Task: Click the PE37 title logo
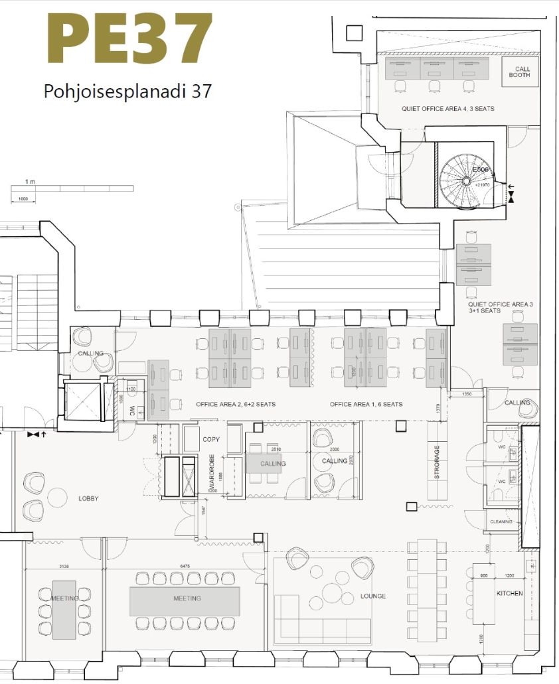(129, 40)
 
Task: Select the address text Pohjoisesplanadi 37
(127, 91)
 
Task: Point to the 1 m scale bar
(72, 189)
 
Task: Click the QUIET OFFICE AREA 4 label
(447, 108)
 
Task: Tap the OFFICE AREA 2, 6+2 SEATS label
(236, 404)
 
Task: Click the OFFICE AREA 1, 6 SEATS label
(366, 404)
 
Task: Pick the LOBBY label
(88, 498)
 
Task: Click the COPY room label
(211, 439)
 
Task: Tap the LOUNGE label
(373, 596)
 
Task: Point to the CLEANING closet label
(501, 521)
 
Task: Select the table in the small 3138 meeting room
(64, 609)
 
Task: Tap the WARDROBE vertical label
(212, 474)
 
